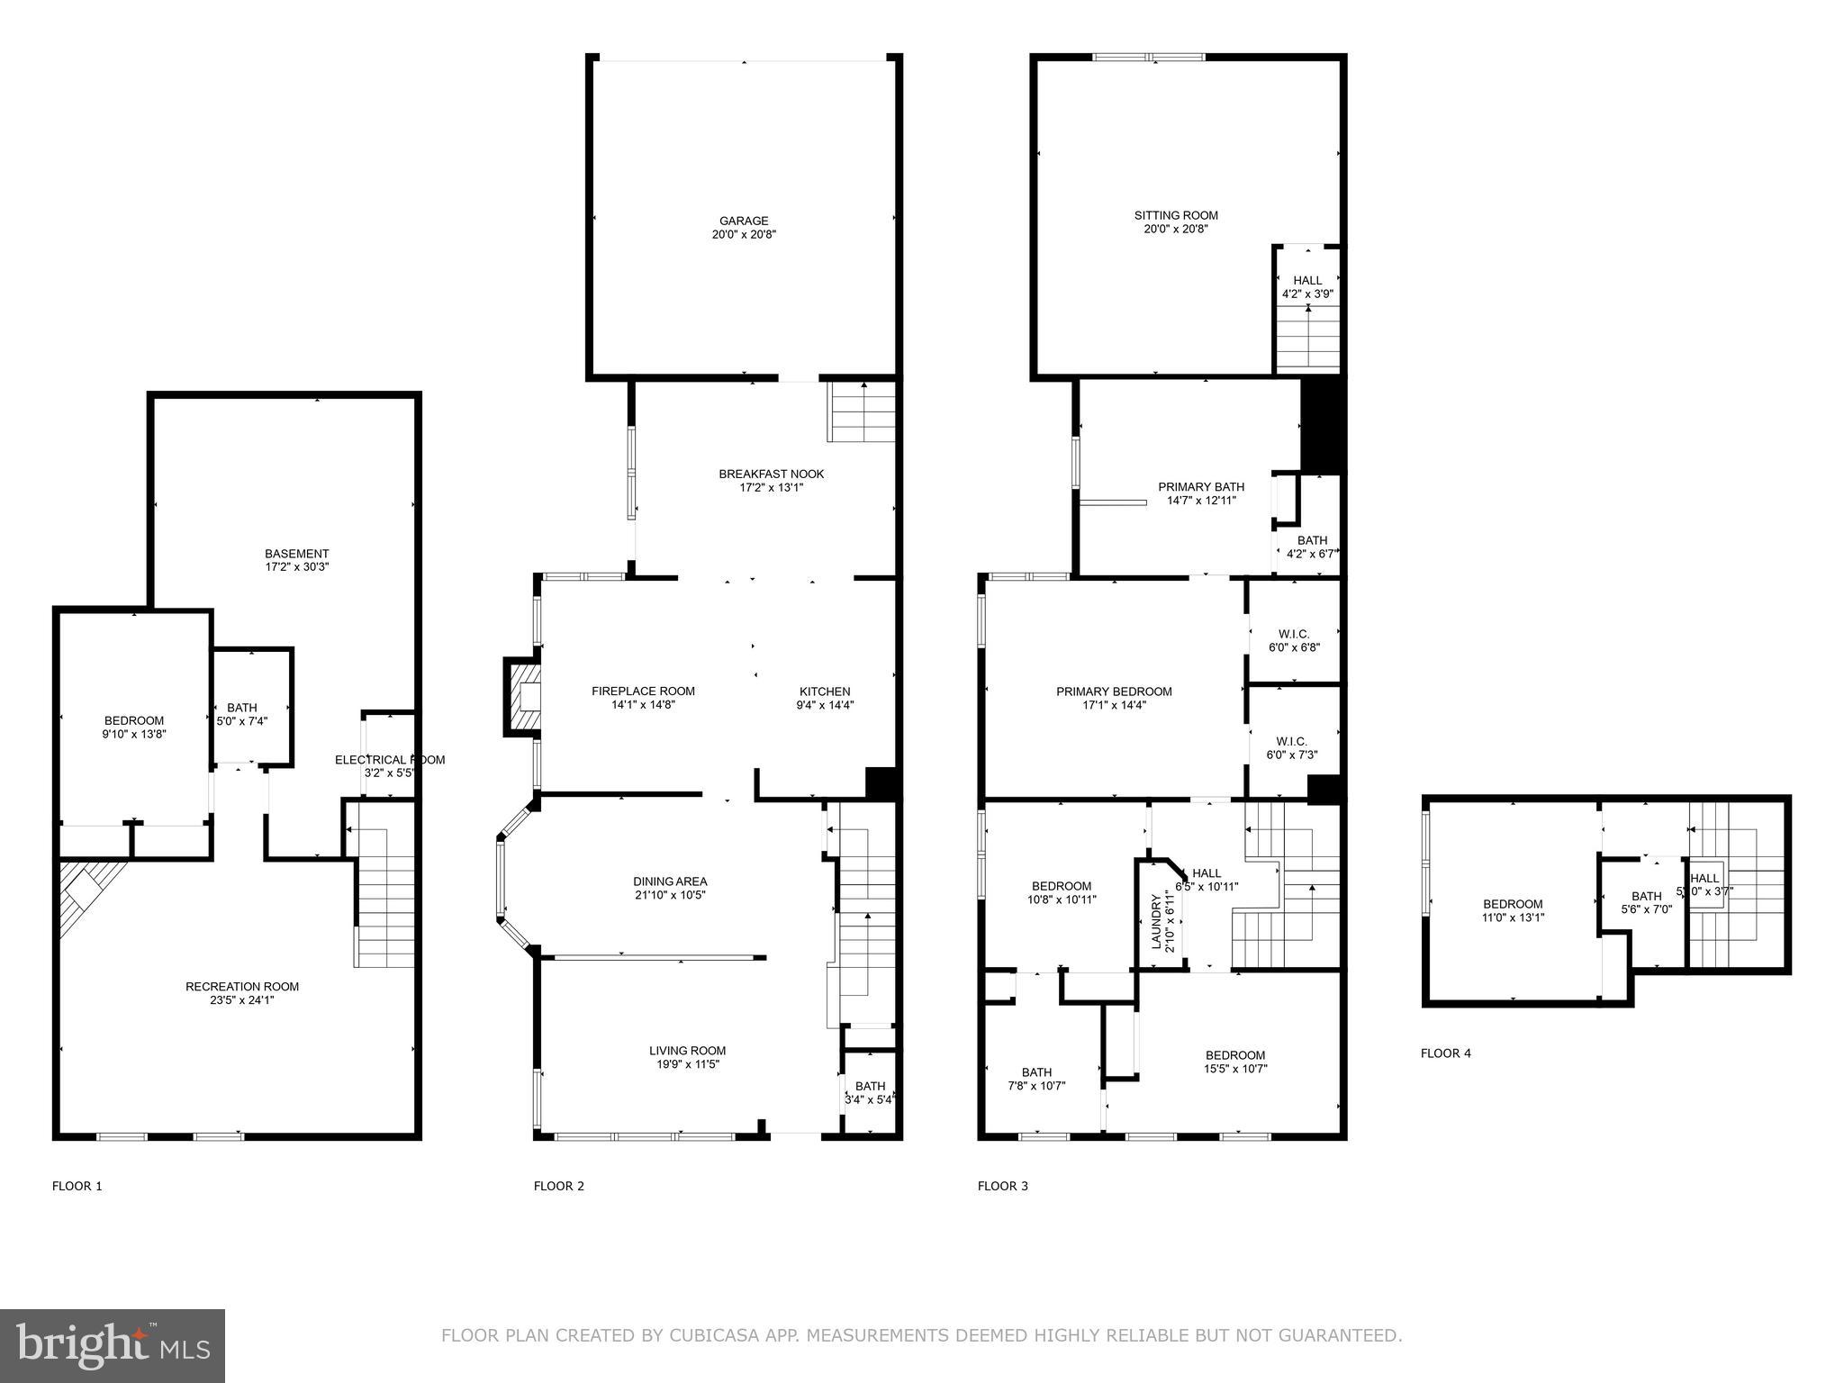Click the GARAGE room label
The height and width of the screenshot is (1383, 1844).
[744, 221]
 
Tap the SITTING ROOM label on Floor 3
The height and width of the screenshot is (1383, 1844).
[1176, 216]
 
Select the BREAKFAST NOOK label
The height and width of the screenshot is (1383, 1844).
[771, 475]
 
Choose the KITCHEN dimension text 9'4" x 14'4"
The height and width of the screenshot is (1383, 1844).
[825, 706]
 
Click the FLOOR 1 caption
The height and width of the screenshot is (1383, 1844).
[77, 1186]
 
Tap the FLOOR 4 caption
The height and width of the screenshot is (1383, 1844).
[1446, 1053]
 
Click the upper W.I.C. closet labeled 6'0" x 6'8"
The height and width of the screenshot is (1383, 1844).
[1294, 640]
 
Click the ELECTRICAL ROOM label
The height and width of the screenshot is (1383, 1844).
[390, 760]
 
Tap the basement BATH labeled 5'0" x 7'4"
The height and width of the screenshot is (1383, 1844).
[242, 714]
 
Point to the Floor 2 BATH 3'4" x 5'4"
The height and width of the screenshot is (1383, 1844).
[870, 1092]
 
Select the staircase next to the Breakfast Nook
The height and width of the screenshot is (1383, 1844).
[862, 411]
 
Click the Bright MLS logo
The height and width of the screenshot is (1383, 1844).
[113, 1345]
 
